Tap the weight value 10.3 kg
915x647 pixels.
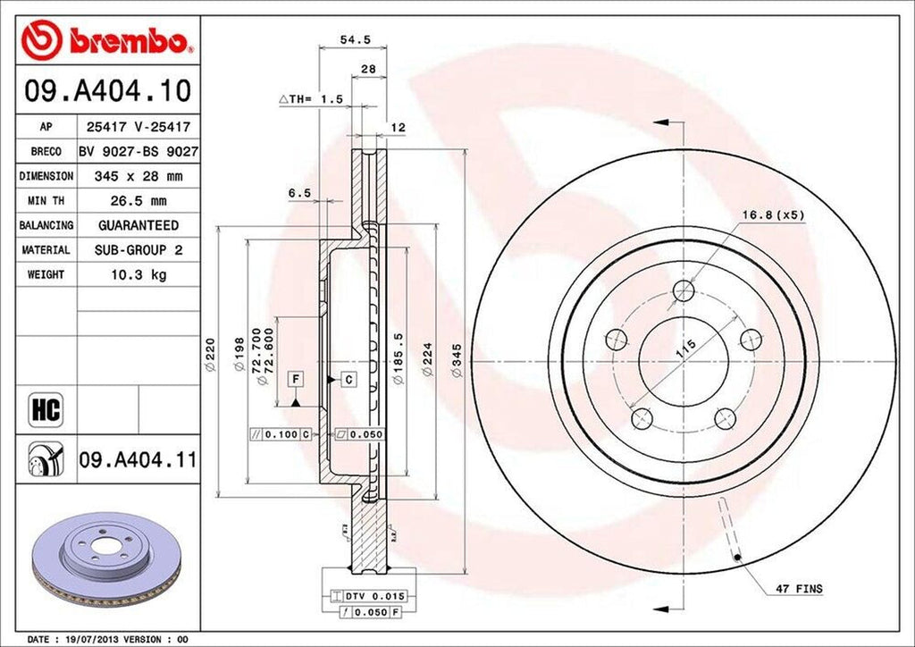pyautogui.click(x=138, y=274)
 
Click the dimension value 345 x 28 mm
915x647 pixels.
pyautogui.click(x=138, y=177)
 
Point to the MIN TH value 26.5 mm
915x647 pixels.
pyautogui.click(x=138, y=201)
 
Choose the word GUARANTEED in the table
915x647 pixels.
pyautogui.click(x=138, y=225)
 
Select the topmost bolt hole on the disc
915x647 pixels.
pyautogui.click(x=684, y=290)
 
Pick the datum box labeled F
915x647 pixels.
pyautogui.click(x=294, y=380)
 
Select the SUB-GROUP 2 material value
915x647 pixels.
pyautogui.click(x=138, y=250)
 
